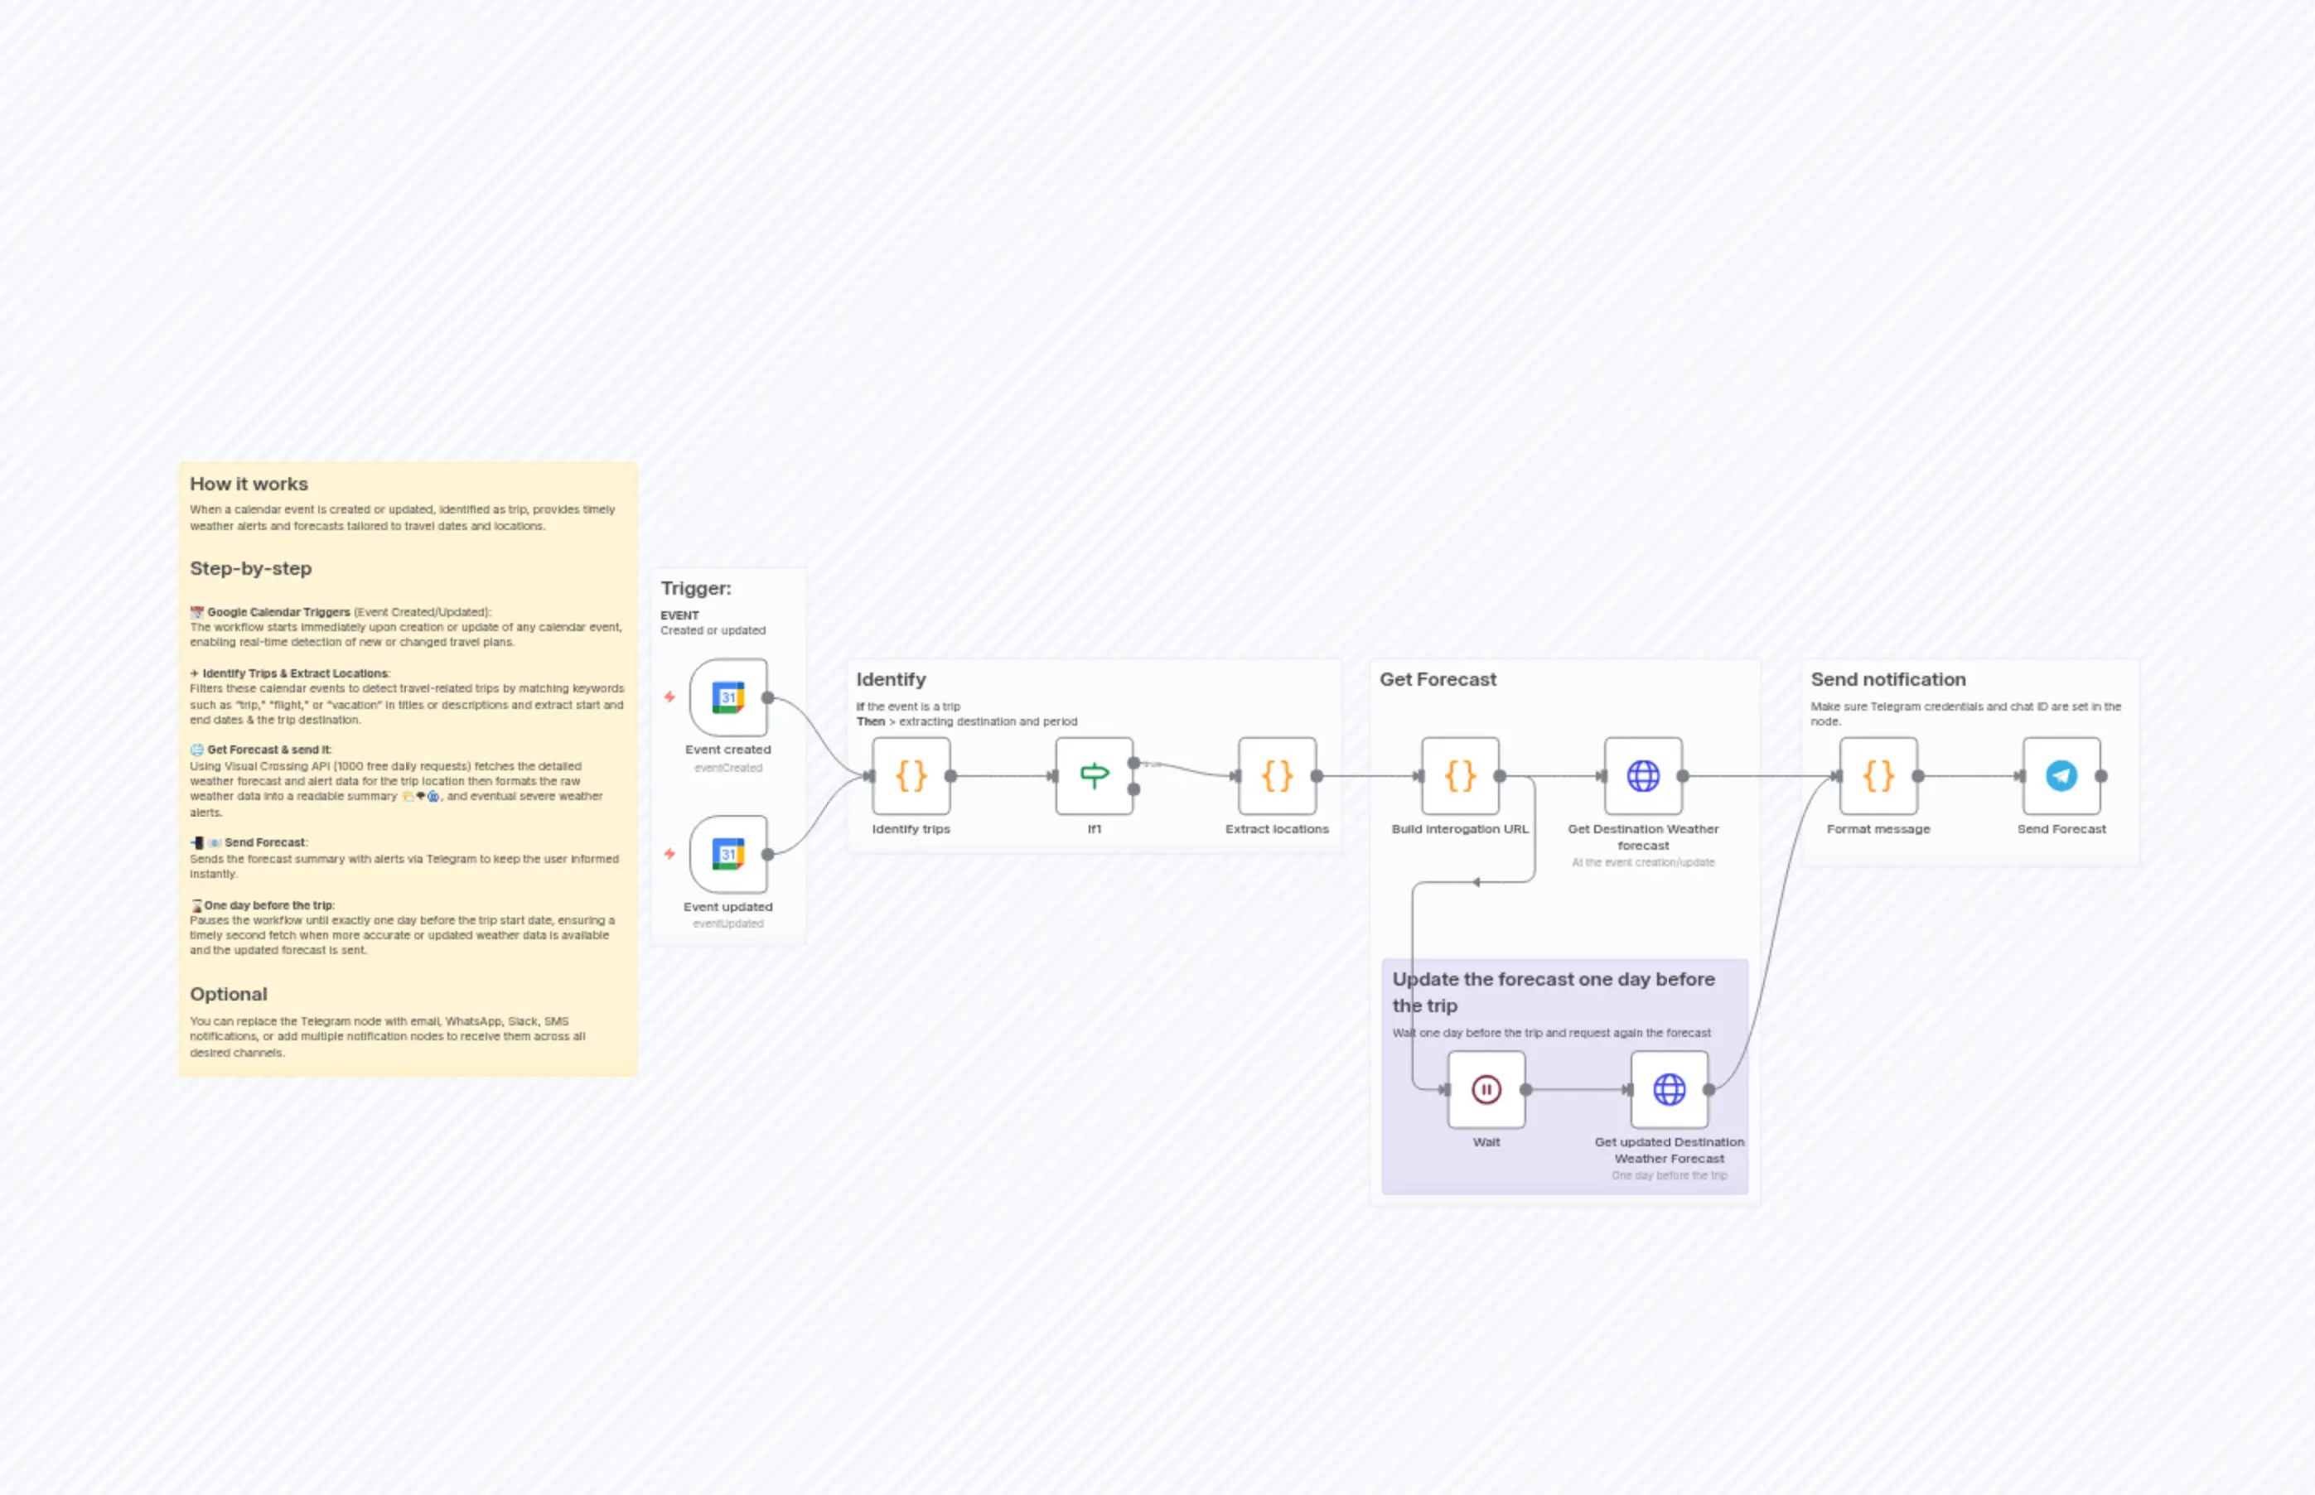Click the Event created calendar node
pos(728,698)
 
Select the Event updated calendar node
pos(728,854)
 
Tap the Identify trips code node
pos(911,775)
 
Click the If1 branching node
pos(1095,775)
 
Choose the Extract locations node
pos(1277,775)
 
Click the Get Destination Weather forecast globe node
pos(1643,775)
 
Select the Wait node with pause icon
pos(1486,1089)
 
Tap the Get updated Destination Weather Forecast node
pos(1670,1089)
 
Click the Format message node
pos(1878,775)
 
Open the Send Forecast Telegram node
pos(2061,775)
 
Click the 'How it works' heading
pos(249,484)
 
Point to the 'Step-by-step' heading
pos(250,568)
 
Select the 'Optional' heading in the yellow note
pos(228,994)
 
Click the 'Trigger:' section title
pos(695,588)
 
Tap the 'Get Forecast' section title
pos(1438,679)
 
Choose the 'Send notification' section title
pos(1887,679)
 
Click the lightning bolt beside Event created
pos(669,697)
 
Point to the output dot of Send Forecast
pos(2101,775)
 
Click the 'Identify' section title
pos(891,679)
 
